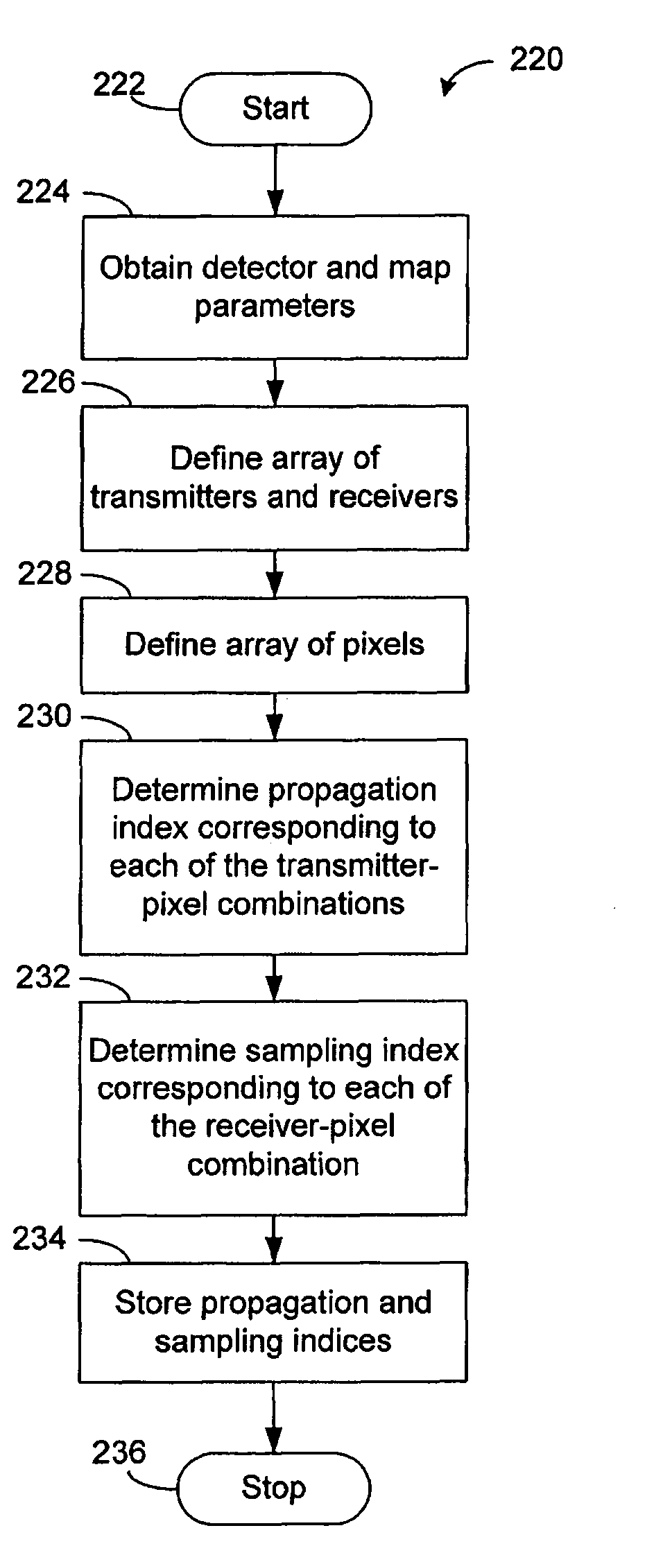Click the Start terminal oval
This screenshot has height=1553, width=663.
(x=275, y=109)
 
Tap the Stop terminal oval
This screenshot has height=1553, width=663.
(x=273, y=1487)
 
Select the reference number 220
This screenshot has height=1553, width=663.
(x=536, y=60)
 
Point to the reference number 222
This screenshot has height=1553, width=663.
(x=119, y=85)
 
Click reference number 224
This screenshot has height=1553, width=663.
(x=43, y=191)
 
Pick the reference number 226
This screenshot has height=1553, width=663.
(x=47, y=382)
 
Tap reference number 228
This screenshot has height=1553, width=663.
(x=44, y=574)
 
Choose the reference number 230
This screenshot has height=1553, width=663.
(x=44, y=716)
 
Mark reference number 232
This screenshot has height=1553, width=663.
(x=43, y=977)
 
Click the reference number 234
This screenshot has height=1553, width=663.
(x=40, y=1238)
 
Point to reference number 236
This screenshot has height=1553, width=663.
(x=119, y=1452)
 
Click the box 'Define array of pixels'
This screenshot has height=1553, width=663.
(x=274, y=644)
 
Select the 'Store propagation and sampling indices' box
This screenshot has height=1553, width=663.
(x=273, y=1321)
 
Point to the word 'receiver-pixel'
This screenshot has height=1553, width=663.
(x=273, y=1126)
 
